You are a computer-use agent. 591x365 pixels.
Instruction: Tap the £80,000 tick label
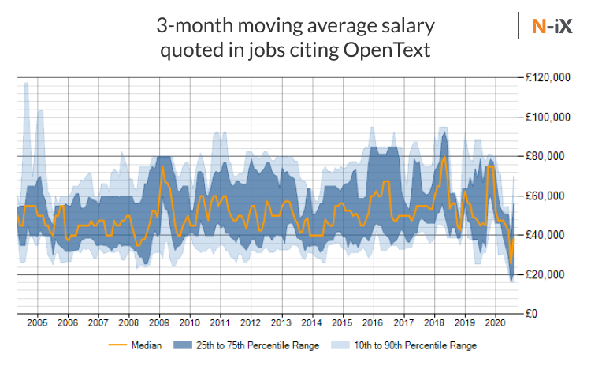[x=549, y=156]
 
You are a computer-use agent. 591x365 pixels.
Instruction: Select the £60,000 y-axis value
[x=549, y=196]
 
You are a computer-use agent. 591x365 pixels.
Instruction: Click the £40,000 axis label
[x=549, y=235]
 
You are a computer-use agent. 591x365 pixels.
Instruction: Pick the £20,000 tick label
[x=549, y=274]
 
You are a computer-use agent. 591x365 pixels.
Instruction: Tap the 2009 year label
[x=159, y=323]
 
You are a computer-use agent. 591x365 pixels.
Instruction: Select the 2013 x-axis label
[x=281, y=323]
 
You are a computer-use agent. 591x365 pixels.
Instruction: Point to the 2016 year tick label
[x=373, y=323]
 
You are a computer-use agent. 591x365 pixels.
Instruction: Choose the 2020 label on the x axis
[x=495, y=323]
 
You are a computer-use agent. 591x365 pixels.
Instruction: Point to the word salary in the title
[x=407, y=27]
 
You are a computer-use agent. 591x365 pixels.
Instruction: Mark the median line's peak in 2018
[x=445, y=157]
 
